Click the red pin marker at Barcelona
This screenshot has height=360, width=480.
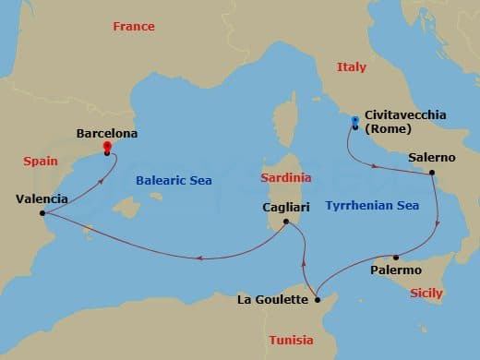[107, 147]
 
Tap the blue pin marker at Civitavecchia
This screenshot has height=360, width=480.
[353, 121]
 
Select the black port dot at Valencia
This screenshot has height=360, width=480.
[42, 214]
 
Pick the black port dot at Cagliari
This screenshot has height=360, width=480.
[286, 222]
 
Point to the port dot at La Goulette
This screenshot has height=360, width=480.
[316, 299]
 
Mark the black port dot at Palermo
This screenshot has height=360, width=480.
[395, 257]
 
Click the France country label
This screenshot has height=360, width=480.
[134, 26]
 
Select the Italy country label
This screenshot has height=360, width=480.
[351, 67]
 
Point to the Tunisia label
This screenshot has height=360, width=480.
[291, 340]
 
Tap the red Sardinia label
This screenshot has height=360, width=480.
[286, 176]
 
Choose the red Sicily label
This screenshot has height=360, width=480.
[426, 293]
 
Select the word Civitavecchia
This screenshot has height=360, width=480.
[405, 114]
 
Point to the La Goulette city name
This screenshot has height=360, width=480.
[272, 299]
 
